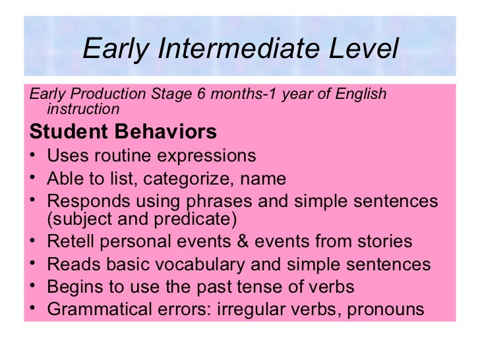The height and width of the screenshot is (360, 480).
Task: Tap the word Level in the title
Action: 363,49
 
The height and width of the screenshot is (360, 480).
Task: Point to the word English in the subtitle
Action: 360,94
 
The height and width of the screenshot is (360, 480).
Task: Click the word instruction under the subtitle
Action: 83,109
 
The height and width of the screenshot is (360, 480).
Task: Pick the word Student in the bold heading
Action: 69,132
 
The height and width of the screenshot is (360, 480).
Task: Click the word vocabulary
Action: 206,264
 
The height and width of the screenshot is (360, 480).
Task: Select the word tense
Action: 256,287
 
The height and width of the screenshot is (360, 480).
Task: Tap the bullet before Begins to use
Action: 32,287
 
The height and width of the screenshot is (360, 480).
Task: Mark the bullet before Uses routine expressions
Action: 32,157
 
